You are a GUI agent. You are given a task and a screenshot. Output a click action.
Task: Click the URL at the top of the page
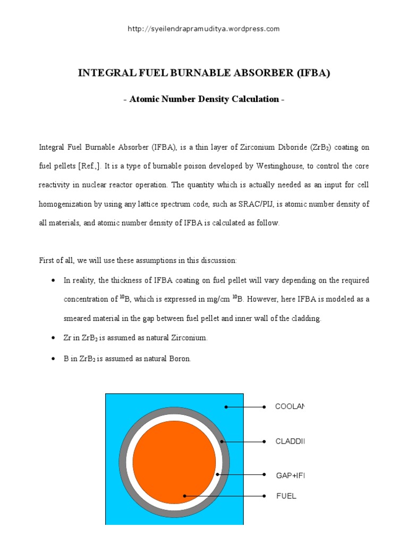pos(203,29)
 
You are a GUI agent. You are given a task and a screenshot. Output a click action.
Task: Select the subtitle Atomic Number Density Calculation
pos(204,99)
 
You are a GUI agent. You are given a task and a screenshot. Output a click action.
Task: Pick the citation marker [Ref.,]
pos(88,166)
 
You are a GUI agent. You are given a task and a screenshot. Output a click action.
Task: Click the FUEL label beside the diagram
pos(286,496)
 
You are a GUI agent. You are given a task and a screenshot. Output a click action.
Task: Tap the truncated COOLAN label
pos(290,407)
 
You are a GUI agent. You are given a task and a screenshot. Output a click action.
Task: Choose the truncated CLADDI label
pos(290,441)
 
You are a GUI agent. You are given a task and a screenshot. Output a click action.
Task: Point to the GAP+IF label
pos(290,475)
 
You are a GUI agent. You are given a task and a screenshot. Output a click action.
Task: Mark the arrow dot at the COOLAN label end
pos(265,407)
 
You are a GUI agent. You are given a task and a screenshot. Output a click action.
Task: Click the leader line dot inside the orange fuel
pos(185,496)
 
